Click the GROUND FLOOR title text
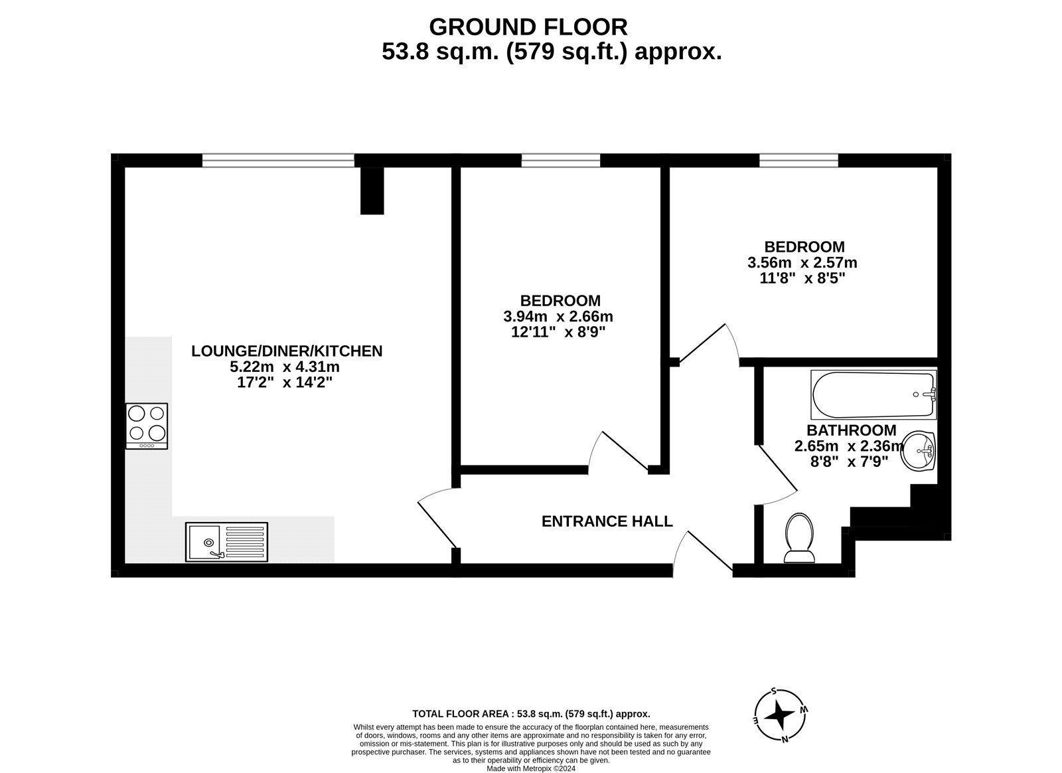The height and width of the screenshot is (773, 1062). [x=528, y=27]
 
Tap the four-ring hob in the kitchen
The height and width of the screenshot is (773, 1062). [x=147, y=425]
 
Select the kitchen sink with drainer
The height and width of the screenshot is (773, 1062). [x=227, y=541]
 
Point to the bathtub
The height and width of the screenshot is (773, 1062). [x=873, y=394]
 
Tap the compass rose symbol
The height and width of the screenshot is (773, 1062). [x=779, y=715]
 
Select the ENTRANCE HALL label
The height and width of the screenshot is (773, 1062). [x=607, y=521]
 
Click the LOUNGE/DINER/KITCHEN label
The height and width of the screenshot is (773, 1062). [x=287, y=351]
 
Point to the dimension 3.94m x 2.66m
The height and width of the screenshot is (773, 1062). [x=558, y=316]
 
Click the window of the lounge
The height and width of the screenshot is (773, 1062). [x=278, y=160]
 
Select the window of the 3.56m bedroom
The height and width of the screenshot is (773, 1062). [x=798, y=160]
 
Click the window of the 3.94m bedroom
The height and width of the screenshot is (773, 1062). [x=561, y=160]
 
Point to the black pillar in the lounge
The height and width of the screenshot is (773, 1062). [x=372, y=191]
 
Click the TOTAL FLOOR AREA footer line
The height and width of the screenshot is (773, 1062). [x=531, y=714]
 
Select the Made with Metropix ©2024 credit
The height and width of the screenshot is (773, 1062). [x=531, y=768]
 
